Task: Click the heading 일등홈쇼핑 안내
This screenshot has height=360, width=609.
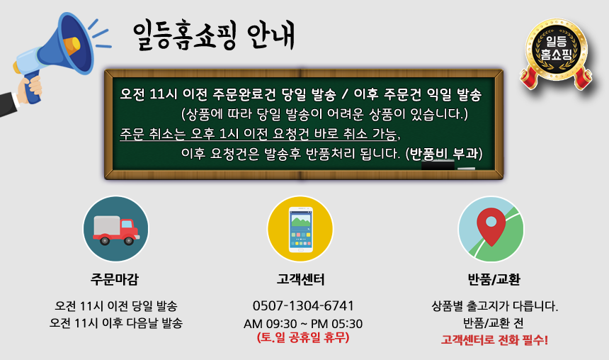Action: tap(214, 35)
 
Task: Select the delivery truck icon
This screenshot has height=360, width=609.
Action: tap(115, 230)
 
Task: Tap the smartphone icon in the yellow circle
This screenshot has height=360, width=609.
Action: tap(301, 230)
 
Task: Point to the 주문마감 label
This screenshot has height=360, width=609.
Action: tap(115, 279)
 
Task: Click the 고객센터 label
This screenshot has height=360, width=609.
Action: tap(301, 279)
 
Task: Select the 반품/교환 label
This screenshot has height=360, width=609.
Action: tap(494, 279)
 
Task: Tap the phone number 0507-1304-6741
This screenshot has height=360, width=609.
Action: tap(303, 305)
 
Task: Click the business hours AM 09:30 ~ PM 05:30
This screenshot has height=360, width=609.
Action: tap(303, 323)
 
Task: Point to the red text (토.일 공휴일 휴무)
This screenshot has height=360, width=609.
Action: tap(303, 337)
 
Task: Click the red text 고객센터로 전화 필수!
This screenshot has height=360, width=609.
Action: tap(494, 340)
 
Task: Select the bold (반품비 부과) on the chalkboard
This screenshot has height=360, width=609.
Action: tap(444, 154)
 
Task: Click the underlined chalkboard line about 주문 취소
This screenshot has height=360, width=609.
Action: tap(260, 134)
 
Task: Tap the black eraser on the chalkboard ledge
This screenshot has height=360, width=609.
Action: tap(438, 166)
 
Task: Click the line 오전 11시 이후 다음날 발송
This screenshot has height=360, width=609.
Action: tap(115, 323)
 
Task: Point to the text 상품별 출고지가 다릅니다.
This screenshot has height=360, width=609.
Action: tap(494, 306)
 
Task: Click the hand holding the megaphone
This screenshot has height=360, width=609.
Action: tap(30, 89)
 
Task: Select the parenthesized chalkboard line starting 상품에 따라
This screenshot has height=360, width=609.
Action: tap(324, 114)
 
